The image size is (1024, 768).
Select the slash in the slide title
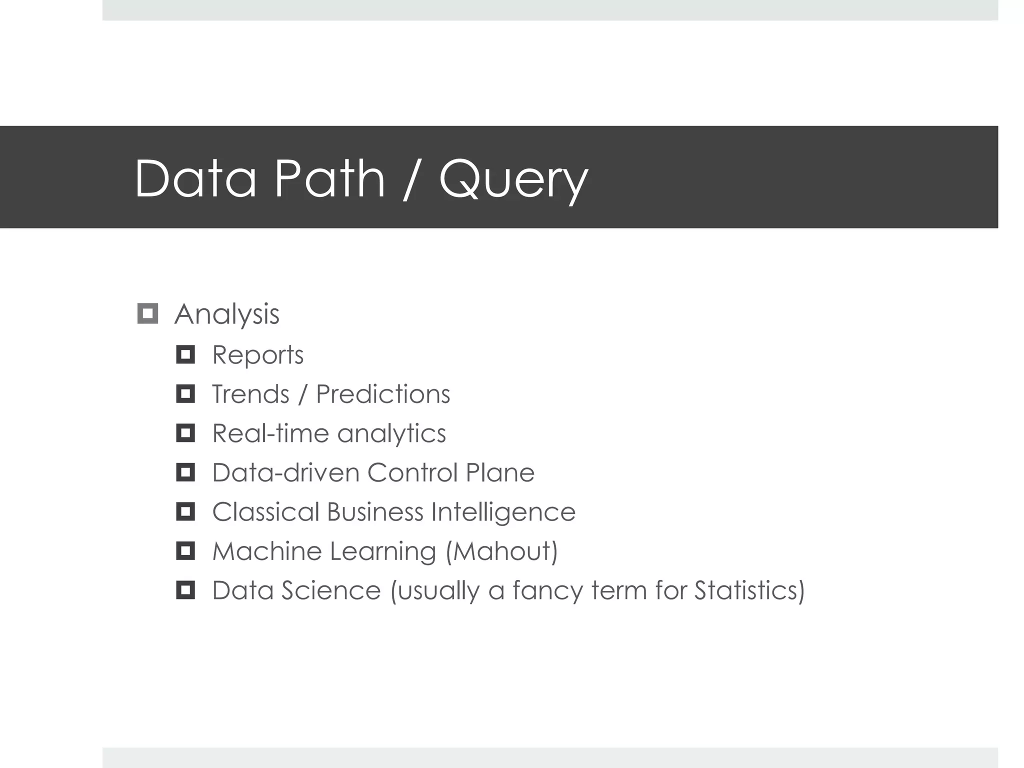coord(411,179)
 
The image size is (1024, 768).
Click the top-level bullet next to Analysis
coord(147,313)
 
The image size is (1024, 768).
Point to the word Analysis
coord(226,314)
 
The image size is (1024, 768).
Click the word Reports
coord(257,355)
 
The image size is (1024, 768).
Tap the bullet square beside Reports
coord(185,355)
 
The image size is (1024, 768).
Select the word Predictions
coord(383,394)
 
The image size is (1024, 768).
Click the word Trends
coord(250,394)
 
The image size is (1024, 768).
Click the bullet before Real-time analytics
coord(185,433)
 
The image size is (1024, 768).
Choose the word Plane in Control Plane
coord(499,472)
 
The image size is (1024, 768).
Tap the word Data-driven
coord(285,472)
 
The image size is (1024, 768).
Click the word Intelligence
coord(503,512)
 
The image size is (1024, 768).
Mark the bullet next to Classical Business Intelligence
coord(185,512)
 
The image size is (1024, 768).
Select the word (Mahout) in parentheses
coord(501,551)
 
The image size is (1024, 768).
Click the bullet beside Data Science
coord(185,590)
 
